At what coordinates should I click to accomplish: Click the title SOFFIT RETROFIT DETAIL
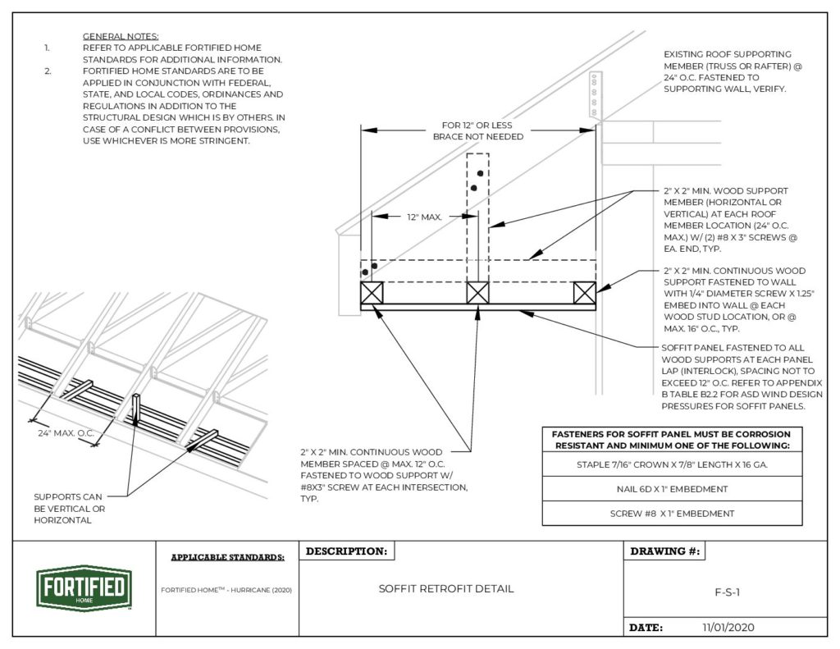[446, 589]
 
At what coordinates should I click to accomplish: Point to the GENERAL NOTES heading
[121, 37]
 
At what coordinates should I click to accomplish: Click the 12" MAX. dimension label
[425, 217]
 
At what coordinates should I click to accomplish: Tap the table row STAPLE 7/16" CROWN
[672, 464]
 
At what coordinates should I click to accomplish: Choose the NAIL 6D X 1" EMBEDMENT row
[672, 489]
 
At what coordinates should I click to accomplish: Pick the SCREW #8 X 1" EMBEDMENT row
[672, 514]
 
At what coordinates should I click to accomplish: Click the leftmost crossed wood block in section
[372, 293]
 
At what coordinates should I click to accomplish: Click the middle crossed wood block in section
[478, 293]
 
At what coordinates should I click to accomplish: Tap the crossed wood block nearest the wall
[584, 293]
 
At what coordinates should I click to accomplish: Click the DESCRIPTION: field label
[346, 551]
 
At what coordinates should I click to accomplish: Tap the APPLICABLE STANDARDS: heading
[227, 557]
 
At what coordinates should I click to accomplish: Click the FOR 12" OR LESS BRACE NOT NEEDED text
[478, 131]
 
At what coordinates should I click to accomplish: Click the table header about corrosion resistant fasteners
[672, 439]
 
